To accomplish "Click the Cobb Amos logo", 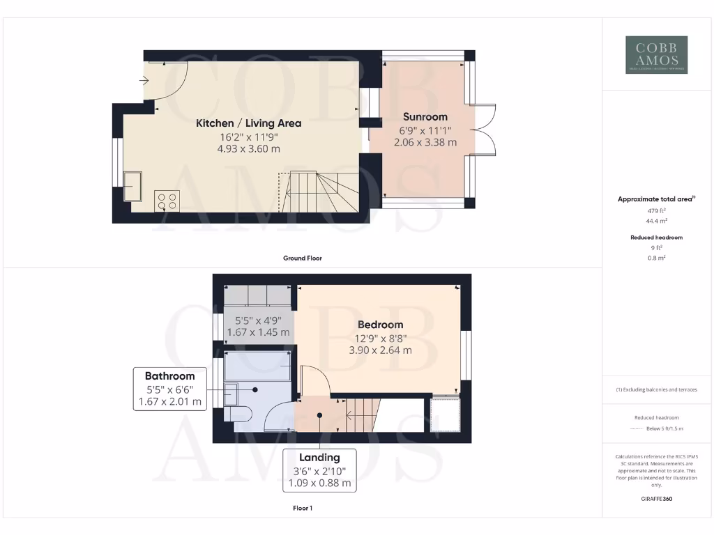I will tap(656, 55).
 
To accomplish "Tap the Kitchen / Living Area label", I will tap(248, 123).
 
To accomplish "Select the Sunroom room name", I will tap(425, 117).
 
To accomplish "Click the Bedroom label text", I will tap(380, 325).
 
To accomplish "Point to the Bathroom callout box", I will tap(170, 389).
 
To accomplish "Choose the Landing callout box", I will tap(319, 470).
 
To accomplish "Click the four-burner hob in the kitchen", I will tap(167, 201).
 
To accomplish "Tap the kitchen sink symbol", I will tap(133, 186).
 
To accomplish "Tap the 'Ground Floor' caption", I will tap(302, 258).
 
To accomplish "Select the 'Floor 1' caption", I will tap(302, 509).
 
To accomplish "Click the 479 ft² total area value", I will tap(656, 210).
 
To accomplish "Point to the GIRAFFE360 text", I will tap(656, 499).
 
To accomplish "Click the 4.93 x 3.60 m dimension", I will tap(248, 148).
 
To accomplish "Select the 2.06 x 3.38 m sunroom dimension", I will tap(425, 142).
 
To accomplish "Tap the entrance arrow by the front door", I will tap(144, 81).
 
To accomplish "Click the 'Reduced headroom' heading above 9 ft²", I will tap(656, 238).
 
